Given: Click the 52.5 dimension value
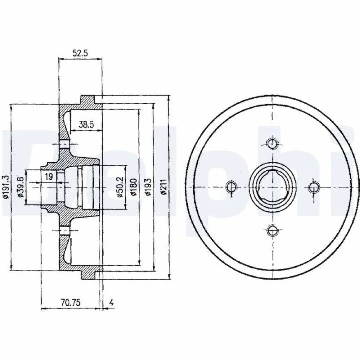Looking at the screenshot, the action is [80, 53].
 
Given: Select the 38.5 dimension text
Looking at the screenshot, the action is [86, 125].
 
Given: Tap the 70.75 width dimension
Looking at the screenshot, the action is [70, 303].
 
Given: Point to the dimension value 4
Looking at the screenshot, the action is [111, 303].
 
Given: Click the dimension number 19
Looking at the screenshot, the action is [49, 177].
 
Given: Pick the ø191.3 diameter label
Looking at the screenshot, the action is [5, 187].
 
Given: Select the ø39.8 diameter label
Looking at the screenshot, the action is [20, 187].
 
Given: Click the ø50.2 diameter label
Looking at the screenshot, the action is [120, 187].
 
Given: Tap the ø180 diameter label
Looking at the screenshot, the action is [134, 187].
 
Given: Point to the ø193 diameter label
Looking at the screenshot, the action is [149, 187].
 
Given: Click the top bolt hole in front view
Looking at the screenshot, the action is [272, 144].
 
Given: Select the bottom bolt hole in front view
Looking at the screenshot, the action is [272, 230].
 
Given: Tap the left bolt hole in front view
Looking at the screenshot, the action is [231, 187].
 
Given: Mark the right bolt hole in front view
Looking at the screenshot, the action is [314, 187].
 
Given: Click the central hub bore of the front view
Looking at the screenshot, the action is [272, 187].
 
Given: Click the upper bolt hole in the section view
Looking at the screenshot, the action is [64, 144].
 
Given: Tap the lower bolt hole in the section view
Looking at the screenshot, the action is [64, 230].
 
